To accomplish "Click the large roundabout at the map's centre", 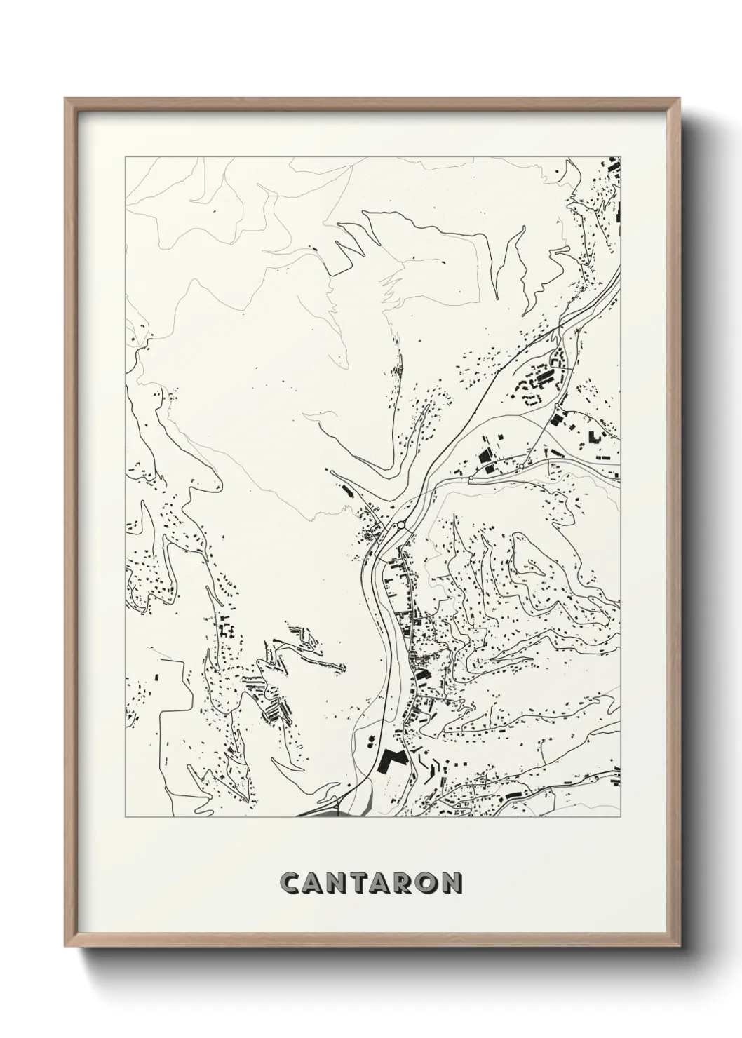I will (400, 525).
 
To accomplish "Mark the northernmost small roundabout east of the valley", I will (558, 406).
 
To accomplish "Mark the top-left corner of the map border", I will (125, 157).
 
